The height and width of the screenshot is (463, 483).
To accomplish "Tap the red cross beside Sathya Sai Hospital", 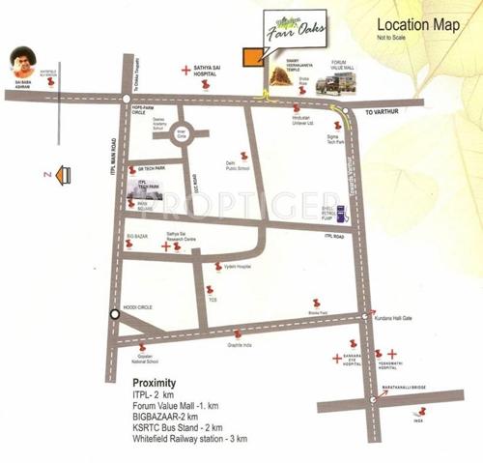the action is point(186,70).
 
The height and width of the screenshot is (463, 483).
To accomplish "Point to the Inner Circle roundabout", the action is point(182,135).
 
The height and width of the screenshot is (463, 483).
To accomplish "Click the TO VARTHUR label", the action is point(382,112).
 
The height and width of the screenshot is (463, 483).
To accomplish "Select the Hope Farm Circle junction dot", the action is point(127,99).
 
